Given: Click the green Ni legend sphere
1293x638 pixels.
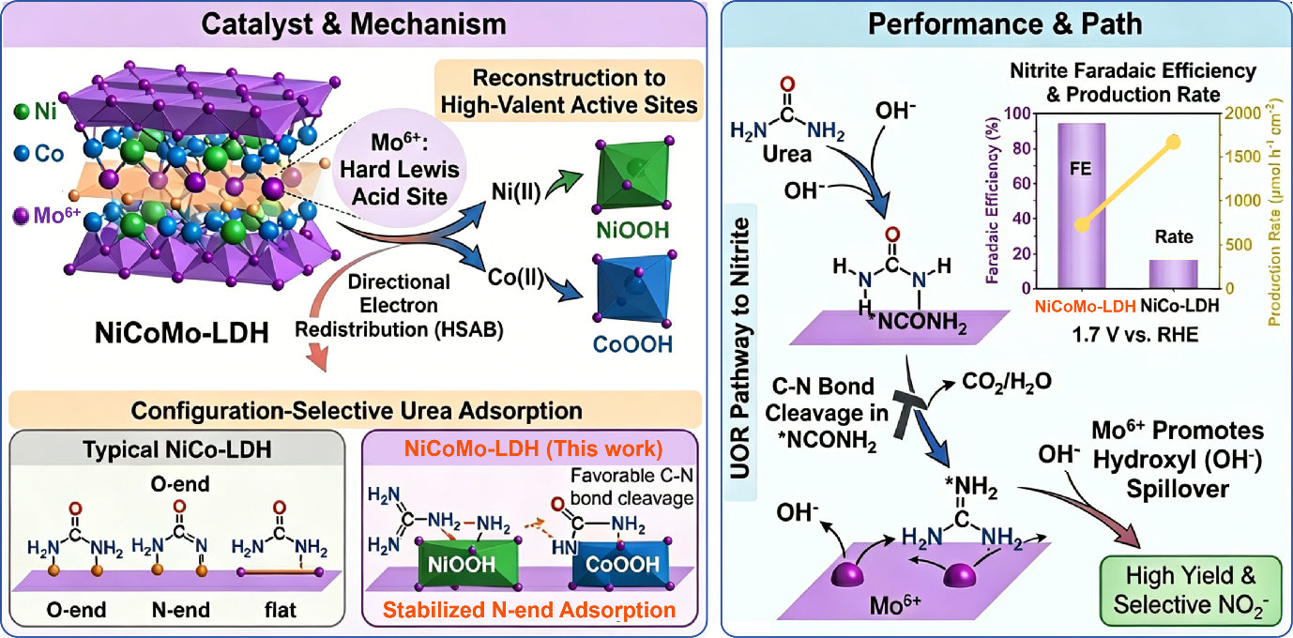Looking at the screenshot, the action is pos(22,112).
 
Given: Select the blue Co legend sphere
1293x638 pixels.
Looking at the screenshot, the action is pos(22,154).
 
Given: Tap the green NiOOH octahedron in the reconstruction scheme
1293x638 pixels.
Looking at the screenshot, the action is pos(634,174).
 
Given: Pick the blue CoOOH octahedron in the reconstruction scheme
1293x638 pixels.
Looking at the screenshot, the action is pos(634,288).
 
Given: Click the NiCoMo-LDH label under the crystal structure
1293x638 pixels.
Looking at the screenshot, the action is pos(182,333).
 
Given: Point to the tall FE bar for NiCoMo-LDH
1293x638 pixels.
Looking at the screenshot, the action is pos(1081,205).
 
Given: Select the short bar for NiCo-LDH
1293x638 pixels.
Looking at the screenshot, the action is pos(1174,274).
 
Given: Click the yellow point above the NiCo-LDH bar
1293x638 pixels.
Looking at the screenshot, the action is pos(1174,143).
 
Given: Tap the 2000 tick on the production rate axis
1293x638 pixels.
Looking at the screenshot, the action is pos(1242,114).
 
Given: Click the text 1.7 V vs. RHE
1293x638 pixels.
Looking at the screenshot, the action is pos(1134,335).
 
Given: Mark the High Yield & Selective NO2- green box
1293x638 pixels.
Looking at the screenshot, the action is pos(1190,590).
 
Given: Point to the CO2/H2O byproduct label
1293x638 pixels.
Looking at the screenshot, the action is pos(1007,382).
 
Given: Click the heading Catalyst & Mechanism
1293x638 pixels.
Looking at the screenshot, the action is pos(353,24).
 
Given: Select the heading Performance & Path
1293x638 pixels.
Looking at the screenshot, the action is pos(1005,24).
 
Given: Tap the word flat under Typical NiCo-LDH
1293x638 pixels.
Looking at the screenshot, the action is pos(280,610).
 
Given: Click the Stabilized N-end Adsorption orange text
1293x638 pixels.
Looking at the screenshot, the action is pos(529,610).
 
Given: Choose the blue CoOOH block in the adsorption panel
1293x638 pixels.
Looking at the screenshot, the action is pos(622,564).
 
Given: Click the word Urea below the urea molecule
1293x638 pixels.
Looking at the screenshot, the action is pos(786,154).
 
